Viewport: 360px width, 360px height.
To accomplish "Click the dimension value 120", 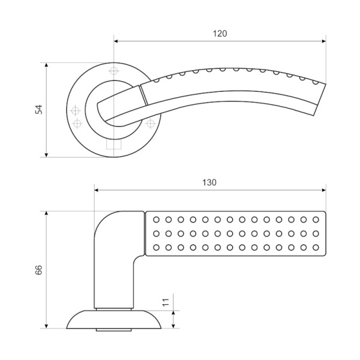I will click(220, 34).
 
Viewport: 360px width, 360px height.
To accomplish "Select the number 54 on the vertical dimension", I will click(39, 109).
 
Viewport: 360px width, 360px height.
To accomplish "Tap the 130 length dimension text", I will click(209, 182).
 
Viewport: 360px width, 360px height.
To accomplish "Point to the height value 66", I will click(39, 270).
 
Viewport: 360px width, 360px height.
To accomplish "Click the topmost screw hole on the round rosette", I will click(114, 71).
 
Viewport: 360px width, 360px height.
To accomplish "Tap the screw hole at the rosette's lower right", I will click(149, 124).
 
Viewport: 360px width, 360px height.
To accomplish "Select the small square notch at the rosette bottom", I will click(114, 145).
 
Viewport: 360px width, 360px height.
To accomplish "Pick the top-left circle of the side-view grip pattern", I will click(157, 220).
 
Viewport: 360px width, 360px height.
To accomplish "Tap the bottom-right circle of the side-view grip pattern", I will click(316, 247).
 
